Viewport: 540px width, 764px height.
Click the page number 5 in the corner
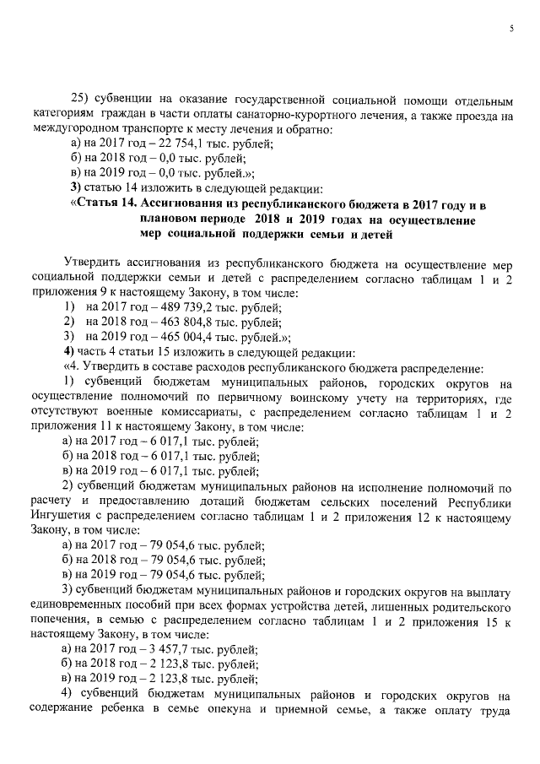pyautogui.click(x=511, y=29)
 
